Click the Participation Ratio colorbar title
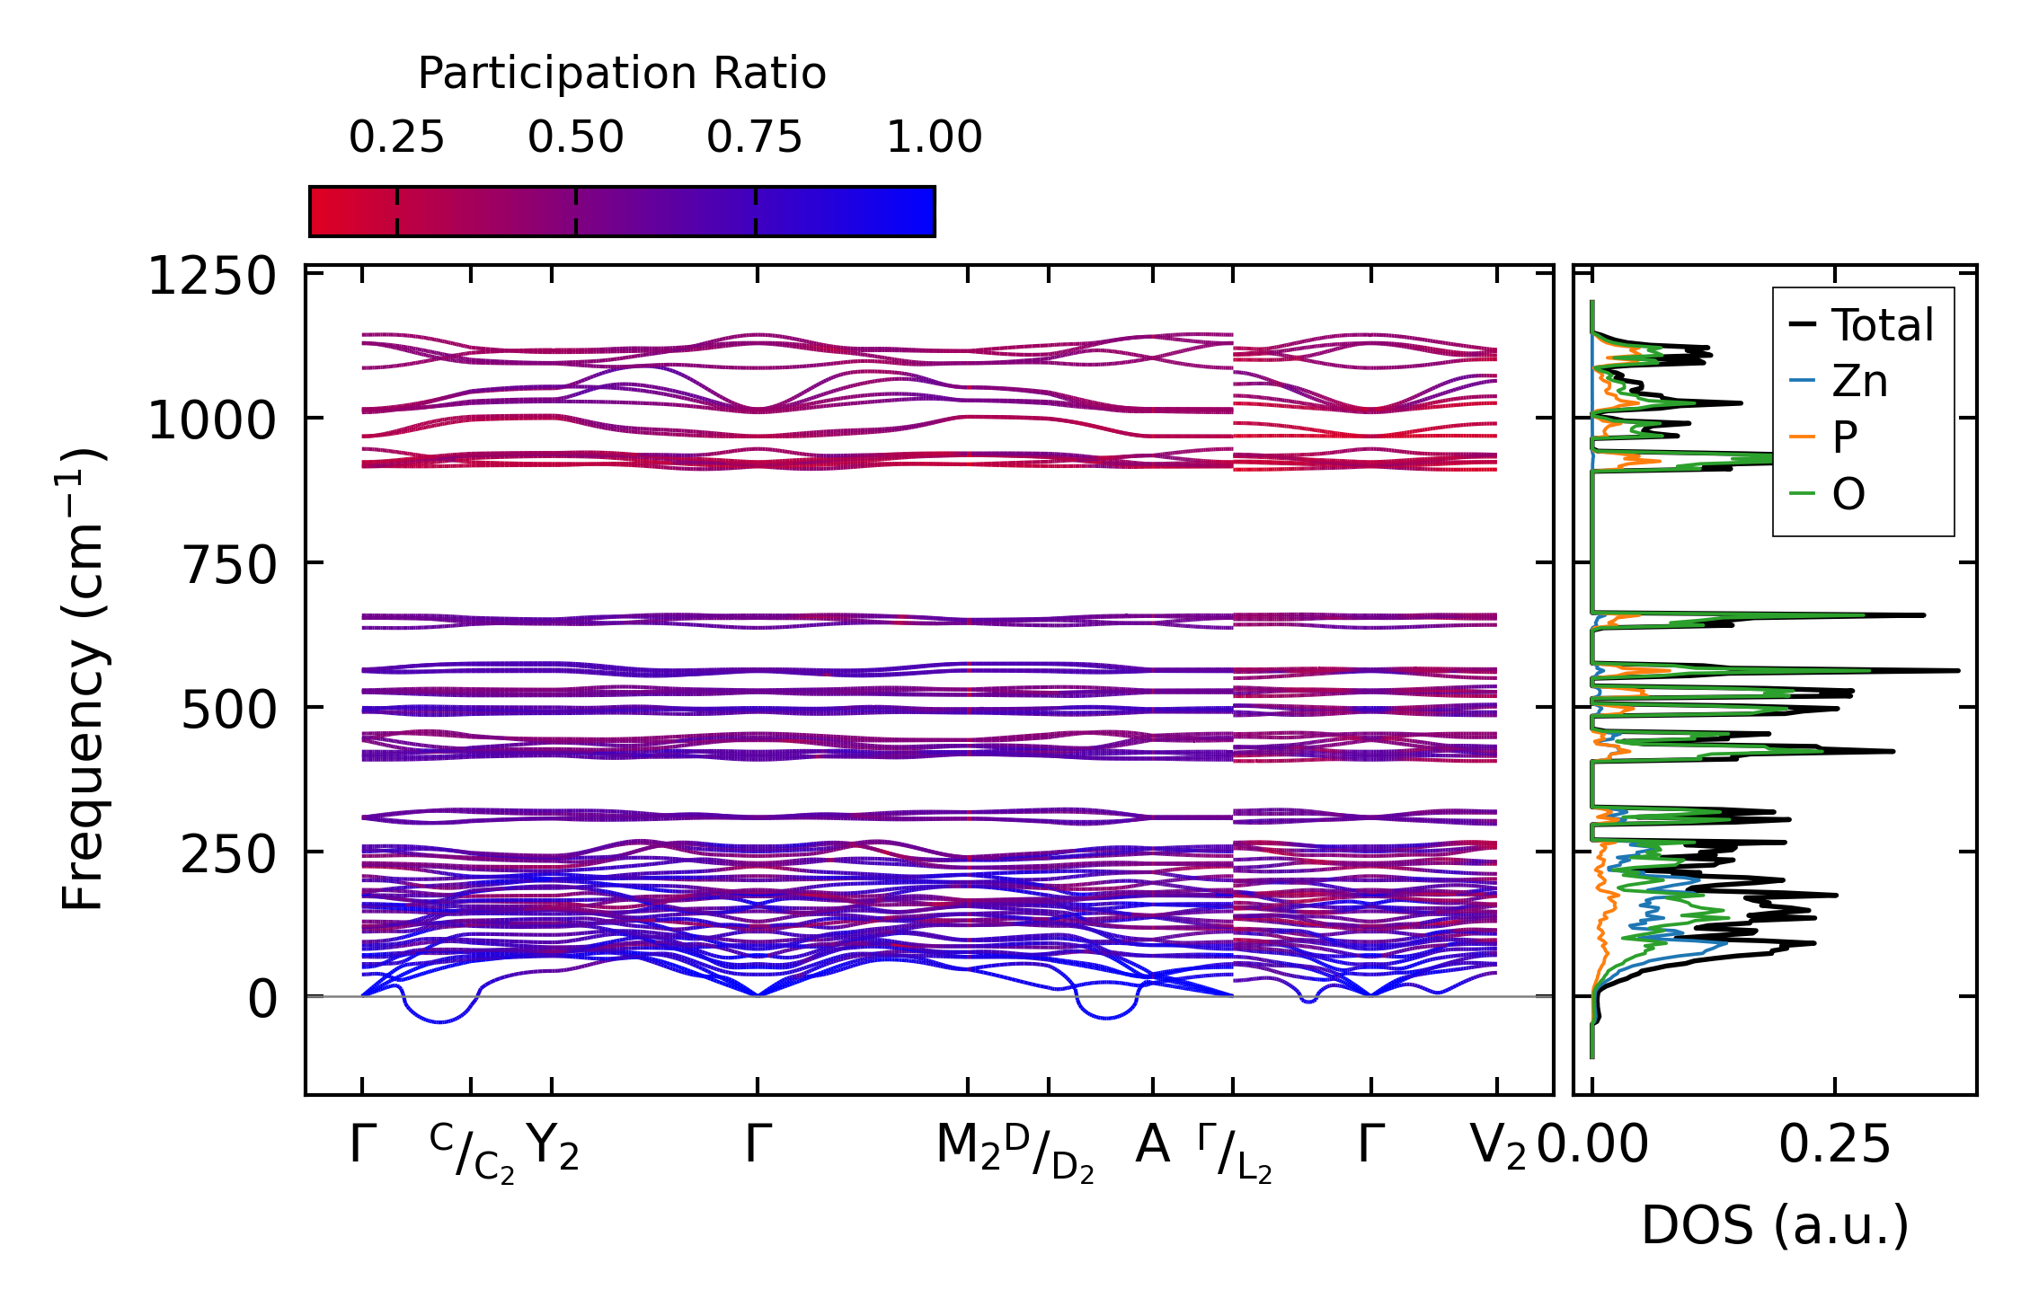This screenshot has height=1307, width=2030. pos(622,74)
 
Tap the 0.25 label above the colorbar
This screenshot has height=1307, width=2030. pos(396,137)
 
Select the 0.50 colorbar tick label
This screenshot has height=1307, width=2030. pos(575,137)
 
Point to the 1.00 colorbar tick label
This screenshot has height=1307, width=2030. pos(934,137)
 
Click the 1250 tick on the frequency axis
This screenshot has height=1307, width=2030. pos(212,276)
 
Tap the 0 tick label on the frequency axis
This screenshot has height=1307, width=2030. pos(262,999)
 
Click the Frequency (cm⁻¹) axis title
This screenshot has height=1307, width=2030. pos(84,680)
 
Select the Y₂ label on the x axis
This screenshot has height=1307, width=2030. pos(552,1147)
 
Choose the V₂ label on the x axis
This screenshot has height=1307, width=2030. pos(1497,1147)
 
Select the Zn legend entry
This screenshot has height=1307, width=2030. pos(1859,382)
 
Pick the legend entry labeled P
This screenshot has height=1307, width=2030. pos(1845,437)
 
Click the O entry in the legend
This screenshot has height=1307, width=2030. pos(1848,494)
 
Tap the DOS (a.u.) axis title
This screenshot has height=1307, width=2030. pos(1775,1225)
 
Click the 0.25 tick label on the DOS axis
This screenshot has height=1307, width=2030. pos(1835,1145)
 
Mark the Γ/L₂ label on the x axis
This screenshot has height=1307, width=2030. pos(1235,1152)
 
